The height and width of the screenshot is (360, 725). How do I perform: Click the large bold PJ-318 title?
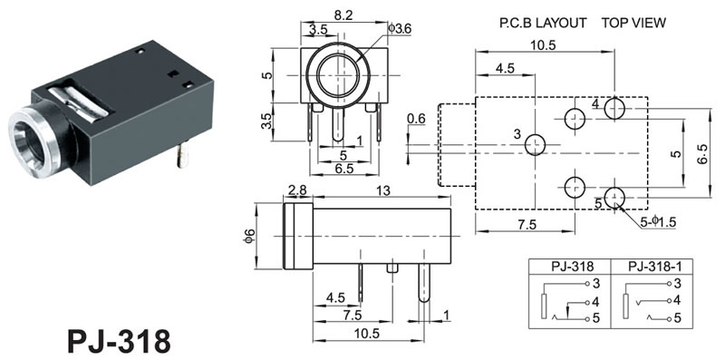click(x=119, y=342)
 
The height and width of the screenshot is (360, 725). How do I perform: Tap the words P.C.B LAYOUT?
click(x=542, y=24)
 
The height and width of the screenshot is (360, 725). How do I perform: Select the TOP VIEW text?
click(x=633, y=24)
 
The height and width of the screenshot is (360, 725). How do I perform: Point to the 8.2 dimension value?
click(x=343, y=15)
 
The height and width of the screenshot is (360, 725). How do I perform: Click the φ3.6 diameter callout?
click(x=400, y=29)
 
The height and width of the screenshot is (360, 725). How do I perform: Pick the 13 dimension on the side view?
click(x=383, y=190)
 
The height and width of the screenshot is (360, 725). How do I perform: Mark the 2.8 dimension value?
click(x=297, y=190)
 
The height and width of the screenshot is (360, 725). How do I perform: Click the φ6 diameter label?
click(x=248, y=236)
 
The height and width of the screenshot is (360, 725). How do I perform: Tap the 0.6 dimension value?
click(x=416, y=119)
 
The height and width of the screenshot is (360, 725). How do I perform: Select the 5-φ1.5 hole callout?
click(x=659, y=222)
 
